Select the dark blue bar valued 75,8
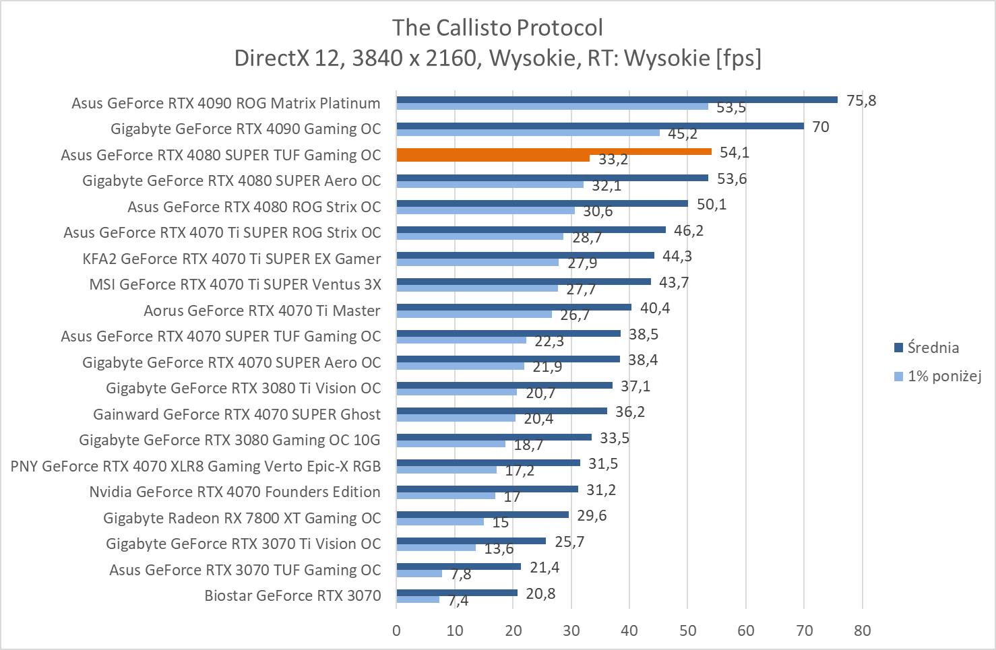pyautogui.click(x=617, y=100)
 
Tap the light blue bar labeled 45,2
pyautogui.click(x=528, y=132)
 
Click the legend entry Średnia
pyautogui.click(x=933, y=348)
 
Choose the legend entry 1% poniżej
pyautogui.click(x=944, y=376)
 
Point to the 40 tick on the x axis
pyautogui.click(x=629, y=630)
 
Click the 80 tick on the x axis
pyautogui.click(x=862, y=630)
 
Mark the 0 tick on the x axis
pyautogui.click(x=396, y=630)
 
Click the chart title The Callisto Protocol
pyautogui.click(x=497, y=28)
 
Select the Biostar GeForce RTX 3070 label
pyautogui.click(x=292, y=595)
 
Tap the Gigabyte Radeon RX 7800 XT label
pyautogui.click(x=242, y=518)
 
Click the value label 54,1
pyautogui.click(x=735, y=152)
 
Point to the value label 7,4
pyautogui.click(x=458, y=601)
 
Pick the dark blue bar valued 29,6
pyautogui.click(x=483, y=515)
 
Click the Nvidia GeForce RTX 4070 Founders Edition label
pyautogui.click(x=235, y=492)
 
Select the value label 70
pyautogui.click(x=820, y=127)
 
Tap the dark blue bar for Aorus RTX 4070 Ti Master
pyautogui.click(x=513, y=307)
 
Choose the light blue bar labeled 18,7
pyautogui.click(x=451, y=443)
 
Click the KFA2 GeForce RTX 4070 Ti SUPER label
pyautogui.click(x=231, y=259)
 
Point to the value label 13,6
pyautogui.click(x=499, y=549)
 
